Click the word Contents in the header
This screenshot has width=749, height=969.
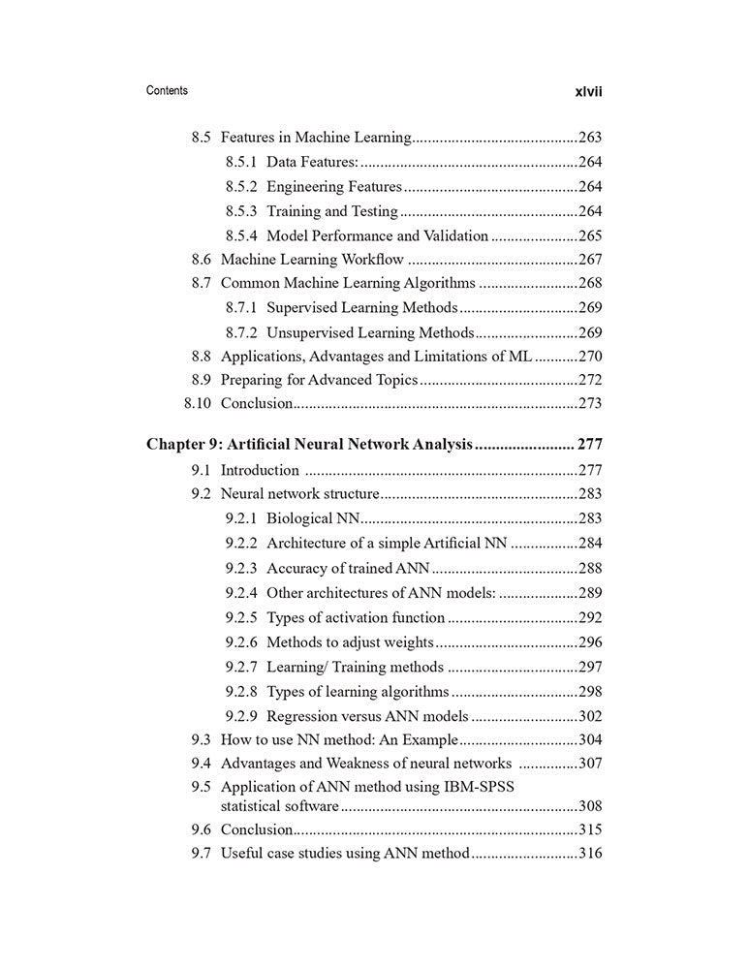[x=167, y=90]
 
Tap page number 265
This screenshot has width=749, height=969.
[x=590, y=235]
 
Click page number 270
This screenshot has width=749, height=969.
[x=590, y=356]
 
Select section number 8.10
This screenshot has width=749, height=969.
[x=198, y=403]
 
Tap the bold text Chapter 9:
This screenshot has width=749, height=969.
[x=184, y=445]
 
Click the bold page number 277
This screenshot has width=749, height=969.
[x=590, y=445]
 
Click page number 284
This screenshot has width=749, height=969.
[x=590, y=543]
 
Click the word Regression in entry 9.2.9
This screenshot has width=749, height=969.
[x=305, y=717]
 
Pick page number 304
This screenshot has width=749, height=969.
[x=590, y=740]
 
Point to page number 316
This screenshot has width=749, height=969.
[x=590, y=854]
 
